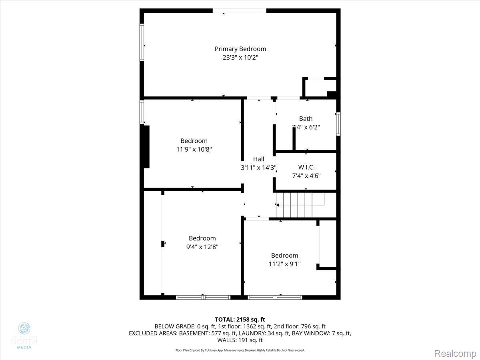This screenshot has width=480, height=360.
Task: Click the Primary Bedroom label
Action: (240, 49)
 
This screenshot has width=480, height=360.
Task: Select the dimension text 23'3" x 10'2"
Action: (240, 58)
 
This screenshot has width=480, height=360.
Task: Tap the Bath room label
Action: (306, 119)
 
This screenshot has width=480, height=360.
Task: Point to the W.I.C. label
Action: (306, 167)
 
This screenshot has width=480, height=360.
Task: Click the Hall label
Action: (258, 159)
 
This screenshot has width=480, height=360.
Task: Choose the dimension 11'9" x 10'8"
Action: (194, 149)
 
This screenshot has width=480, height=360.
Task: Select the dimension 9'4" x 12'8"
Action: (202, 247)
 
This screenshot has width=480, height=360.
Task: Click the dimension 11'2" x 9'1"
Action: (284, 264)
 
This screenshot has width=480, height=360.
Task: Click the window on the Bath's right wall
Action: (338, 124)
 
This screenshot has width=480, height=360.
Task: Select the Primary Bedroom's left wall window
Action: (142, 42)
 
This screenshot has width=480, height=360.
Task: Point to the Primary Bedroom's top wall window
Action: (239, 11)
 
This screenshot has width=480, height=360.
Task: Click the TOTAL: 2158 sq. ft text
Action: (240, 319)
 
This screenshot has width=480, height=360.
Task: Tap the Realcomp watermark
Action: (455, 353)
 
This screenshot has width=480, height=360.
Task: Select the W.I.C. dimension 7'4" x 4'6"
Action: (306, 176)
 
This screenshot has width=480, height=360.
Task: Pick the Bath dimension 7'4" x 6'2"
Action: (306, 127)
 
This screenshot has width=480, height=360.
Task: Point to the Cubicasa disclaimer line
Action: (240, 350)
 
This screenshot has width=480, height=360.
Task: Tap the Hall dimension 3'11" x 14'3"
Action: (258, 168)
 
